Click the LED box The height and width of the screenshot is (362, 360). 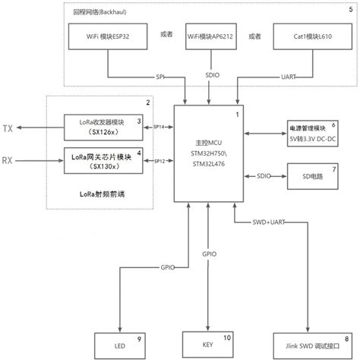click(119, 345)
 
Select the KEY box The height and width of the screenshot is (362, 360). click(207, 345)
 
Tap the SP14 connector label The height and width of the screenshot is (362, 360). click(160, 127)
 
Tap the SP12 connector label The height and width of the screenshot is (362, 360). click(160, 161)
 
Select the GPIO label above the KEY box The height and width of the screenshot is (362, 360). click(210, 254)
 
